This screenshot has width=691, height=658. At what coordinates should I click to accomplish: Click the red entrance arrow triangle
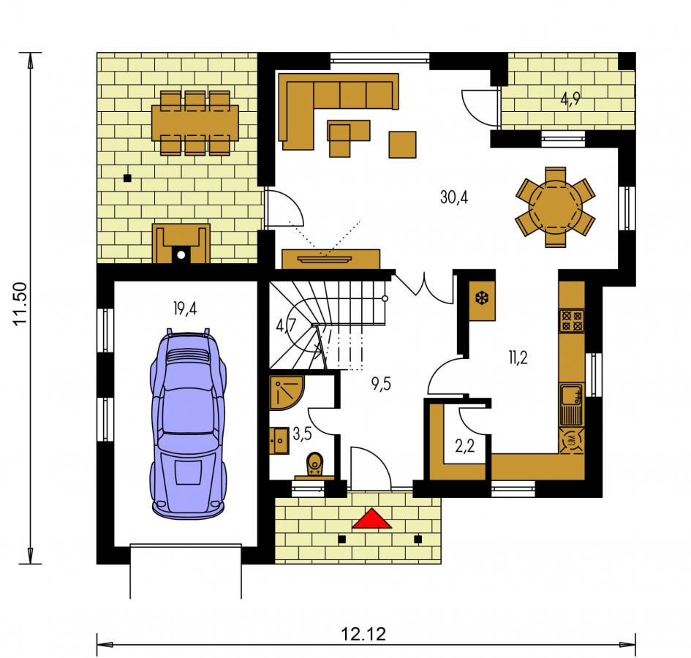click(372, 518)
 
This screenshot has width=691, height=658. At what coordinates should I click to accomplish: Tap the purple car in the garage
click(188, 423)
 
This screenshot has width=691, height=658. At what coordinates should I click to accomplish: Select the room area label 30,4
click(454, 197)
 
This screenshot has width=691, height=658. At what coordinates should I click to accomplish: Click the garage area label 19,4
click(185, 309)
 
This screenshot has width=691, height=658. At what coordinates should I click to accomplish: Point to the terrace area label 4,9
click(570, 100)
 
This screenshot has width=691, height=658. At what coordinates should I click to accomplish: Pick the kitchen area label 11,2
click(518, 358)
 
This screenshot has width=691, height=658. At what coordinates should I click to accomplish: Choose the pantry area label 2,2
click(464, 446)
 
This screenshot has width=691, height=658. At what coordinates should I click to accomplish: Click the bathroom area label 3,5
click(302, 434)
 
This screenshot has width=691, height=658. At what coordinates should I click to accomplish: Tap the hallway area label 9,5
click(381, 384)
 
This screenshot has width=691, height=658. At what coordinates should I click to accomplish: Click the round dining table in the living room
click(555, 207)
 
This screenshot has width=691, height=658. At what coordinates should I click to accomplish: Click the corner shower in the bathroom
click(286, 393)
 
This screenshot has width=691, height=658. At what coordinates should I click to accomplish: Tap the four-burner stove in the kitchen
click(572, 320)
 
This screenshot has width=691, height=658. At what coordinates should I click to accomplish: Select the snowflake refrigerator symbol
click(483, 299)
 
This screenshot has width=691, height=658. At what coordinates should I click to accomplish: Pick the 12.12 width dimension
click(363, 634)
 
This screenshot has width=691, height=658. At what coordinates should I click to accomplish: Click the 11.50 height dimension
click(20, 303)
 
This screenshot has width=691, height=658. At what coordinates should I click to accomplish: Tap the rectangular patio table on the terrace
click(195, 123)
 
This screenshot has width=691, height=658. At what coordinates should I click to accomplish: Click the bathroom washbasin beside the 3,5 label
click(279, 440)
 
